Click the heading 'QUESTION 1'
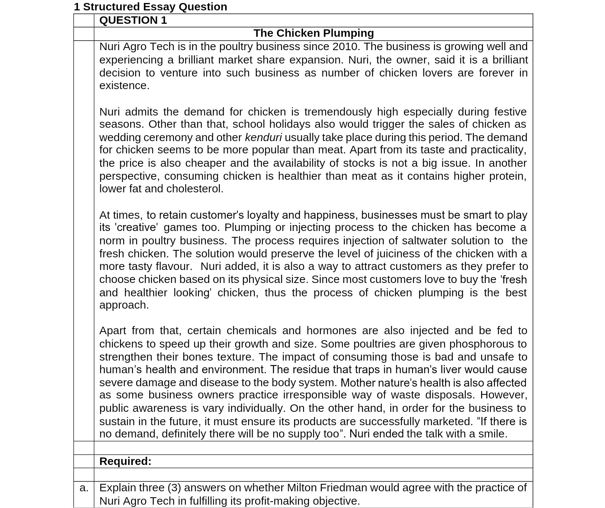[x=133, y=20]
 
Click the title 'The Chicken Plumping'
[x=313, y=33]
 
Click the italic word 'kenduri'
[x=263, y=137]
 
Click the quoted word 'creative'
[x=136, y=227]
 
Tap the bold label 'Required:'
[x=125, y=461]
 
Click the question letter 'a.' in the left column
[x=84, y=488]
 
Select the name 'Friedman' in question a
[x=343, y=488]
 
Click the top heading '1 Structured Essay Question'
[x=150, y=7]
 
